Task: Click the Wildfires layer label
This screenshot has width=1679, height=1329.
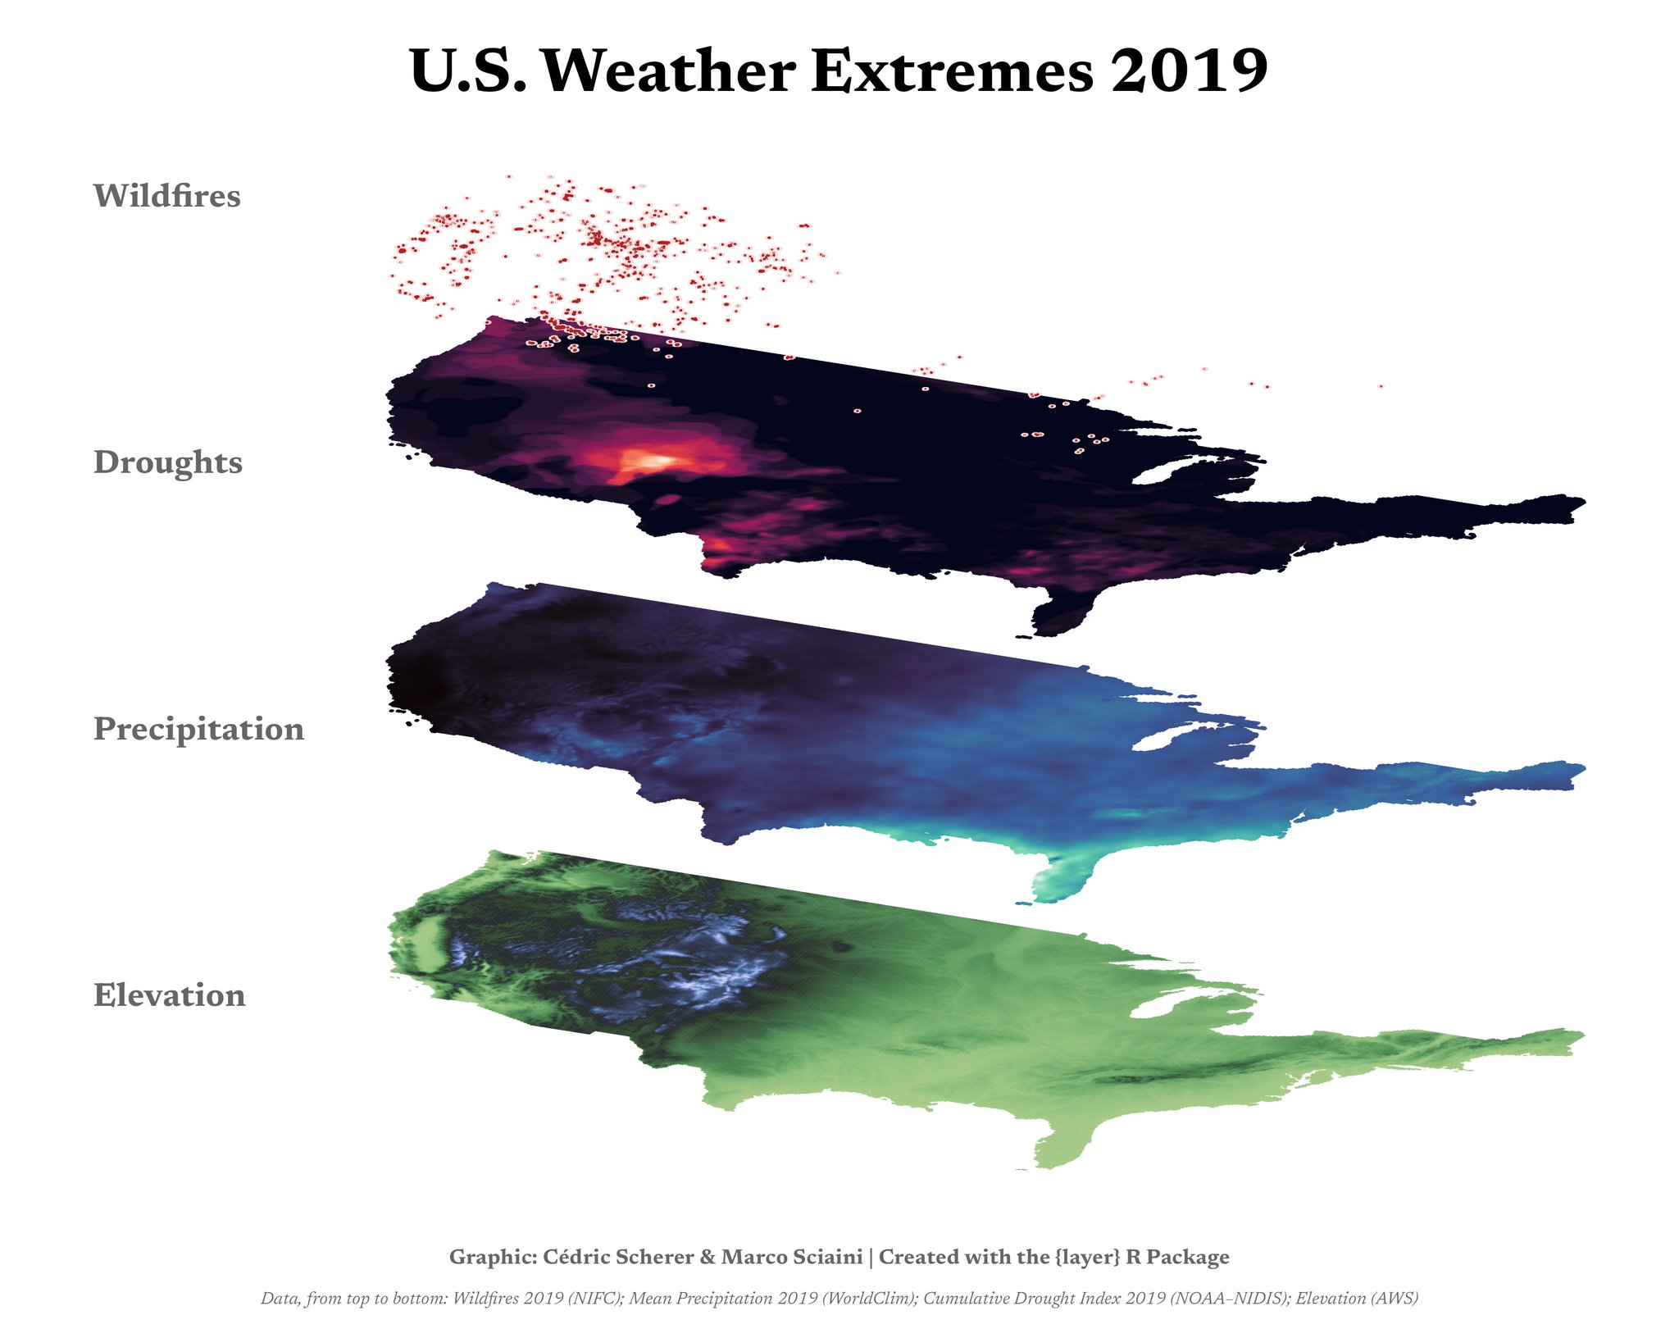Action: pos(167,196)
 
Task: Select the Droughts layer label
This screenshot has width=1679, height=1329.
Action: pos(168,462)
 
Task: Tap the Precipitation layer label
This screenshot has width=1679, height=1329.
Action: pos(198,729)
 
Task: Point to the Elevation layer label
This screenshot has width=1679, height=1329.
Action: pos(170,995)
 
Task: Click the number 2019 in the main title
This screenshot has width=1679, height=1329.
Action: pos(1189,72)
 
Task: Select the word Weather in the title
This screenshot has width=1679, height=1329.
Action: pos(666,72)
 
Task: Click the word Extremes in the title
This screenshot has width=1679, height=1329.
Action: pos(952,72)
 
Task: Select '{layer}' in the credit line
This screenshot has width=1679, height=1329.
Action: pos(1081,1257)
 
